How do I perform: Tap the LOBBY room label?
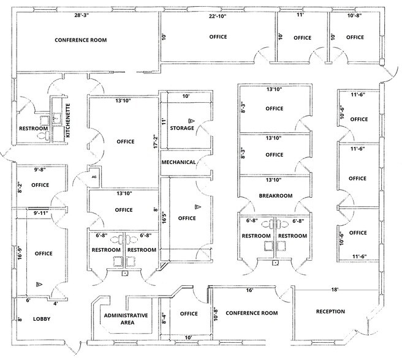coord(42,319)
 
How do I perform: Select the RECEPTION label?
coord(330,312)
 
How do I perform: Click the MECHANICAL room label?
coord(178,162)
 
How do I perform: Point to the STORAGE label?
coord(182,128)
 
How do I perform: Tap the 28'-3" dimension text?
coord(86,15)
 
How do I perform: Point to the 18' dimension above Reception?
coord(335,290)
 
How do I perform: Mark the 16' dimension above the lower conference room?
coord(250,290)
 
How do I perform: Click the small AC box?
coord(94,176)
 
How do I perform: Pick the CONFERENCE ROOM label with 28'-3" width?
coord(81,40)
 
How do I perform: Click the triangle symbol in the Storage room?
coord(191,121)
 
